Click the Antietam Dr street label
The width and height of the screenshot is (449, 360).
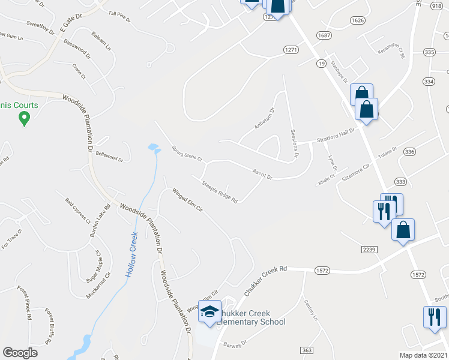[x=264, y=119]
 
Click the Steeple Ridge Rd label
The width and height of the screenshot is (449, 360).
[x=220, y=191]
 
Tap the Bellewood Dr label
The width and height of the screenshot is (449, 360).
[x=109, y=156]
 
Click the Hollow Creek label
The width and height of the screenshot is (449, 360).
[x=133, y=254]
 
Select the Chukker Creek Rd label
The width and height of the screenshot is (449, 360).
[x=267, y=280]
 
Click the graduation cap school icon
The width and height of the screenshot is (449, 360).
[x=209, y=311]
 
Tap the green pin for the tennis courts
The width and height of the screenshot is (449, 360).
[x=24, y=119]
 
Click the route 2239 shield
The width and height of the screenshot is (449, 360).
[x=369, y=248]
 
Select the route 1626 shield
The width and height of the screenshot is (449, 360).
[x=358, y=20]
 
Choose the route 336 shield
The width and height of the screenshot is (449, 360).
[x=409, y=151]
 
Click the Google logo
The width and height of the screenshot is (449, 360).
[x=20, y=352]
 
